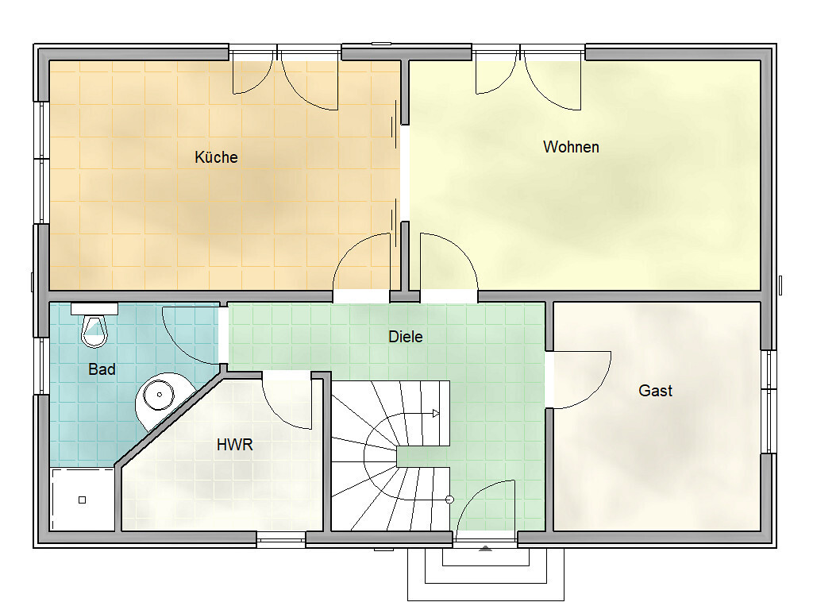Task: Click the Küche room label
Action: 216,157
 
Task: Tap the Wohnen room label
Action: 571,147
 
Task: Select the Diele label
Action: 406,337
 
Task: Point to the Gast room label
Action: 655,391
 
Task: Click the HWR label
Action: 235,445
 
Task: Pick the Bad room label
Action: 102,369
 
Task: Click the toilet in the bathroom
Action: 94,331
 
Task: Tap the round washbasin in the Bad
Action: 159,395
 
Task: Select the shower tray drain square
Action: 82,500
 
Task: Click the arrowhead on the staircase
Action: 436,413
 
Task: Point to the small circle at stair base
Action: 449,500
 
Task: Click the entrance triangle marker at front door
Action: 485,548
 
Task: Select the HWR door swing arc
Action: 280,411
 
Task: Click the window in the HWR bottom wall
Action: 280,540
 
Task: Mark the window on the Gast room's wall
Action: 769,402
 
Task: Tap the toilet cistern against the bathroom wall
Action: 94,309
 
